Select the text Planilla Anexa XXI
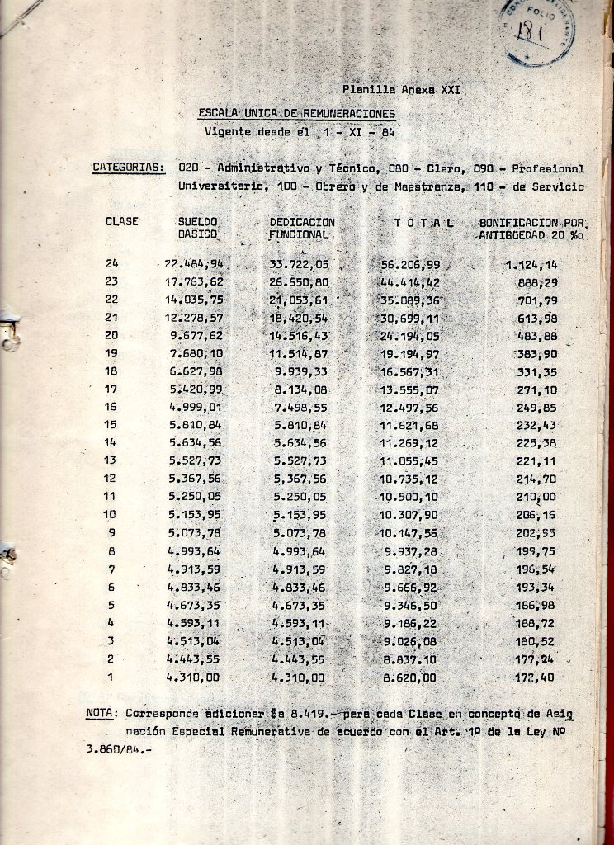coord(400,89)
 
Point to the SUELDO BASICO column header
coord(197,228)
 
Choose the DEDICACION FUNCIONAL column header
coord(302,228)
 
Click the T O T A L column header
coord(424,223)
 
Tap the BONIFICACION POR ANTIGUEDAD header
coord(531,229)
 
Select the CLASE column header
coord(122,222)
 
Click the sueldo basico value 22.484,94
coord(195,264)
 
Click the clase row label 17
coord(111,389)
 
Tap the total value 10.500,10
coord(410,496)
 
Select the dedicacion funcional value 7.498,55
coord(299,407)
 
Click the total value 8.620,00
coord(410,677)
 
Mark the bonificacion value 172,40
coord(534,677)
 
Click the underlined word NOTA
coord(102,712)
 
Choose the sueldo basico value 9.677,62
coord(195,336)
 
